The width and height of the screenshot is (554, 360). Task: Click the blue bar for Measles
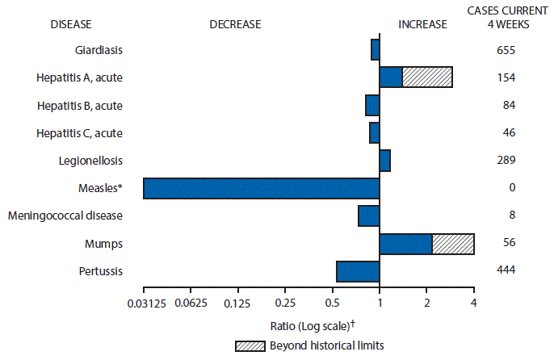coord(261,188)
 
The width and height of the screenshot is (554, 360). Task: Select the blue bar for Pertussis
coord(358,271)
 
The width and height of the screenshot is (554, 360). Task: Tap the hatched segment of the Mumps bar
coord(453,243)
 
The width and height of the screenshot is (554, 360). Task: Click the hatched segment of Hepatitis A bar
coord(427,77)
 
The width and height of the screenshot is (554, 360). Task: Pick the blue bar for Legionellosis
coord(384,161)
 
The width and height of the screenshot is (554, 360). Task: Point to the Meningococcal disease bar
coord(369,216)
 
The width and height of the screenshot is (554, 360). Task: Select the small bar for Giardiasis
coord(375,50)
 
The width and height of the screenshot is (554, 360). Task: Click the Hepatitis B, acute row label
coord(80,106)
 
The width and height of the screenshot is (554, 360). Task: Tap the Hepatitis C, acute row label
coord(80,133)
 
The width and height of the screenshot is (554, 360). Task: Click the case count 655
coord(506,50)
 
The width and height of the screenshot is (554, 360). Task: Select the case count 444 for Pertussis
coord(506,271)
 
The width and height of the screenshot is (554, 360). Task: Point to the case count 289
coord(506,161)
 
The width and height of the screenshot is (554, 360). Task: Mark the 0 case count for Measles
coord(506,188)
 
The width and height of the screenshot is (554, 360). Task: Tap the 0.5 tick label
coord(332,303)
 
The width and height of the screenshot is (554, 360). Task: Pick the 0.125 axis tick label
coord(237,303)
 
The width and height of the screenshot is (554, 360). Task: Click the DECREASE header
coord(235,24)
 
